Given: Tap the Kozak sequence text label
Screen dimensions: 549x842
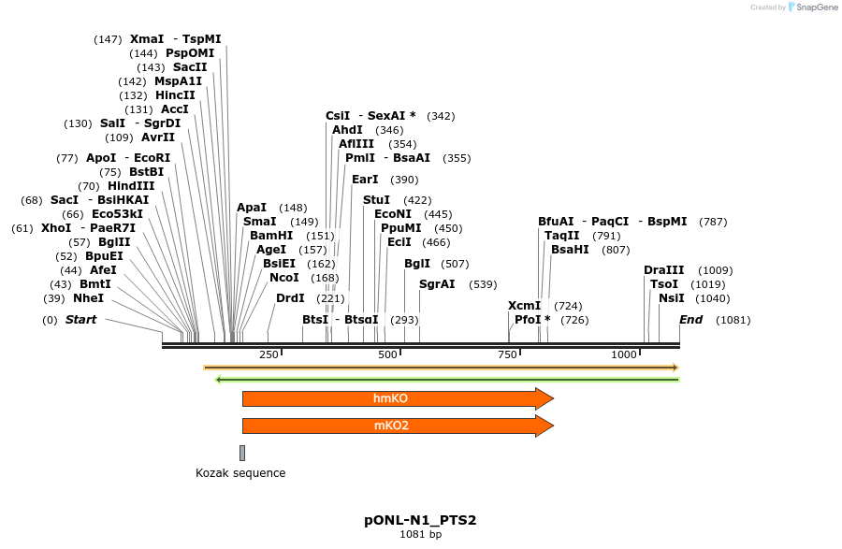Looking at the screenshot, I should pos(240,473).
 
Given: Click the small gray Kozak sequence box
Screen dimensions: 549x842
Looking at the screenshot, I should pos(242,453).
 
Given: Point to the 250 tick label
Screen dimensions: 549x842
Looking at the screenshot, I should pos(269,354).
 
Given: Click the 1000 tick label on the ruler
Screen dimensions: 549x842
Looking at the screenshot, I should pos(624,354).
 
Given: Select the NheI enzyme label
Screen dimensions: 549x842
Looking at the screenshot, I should pos(88,298).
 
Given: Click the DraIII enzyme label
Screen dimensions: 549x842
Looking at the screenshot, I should pos(662,270).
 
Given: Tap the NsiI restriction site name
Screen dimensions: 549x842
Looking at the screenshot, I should pos(672,298).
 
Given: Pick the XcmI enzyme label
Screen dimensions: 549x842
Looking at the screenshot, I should pos(524,306).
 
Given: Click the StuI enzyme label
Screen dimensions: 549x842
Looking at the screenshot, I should pos(376,200).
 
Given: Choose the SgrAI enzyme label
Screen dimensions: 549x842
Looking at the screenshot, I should pos(437,284).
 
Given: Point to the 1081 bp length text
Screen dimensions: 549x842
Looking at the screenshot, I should pos(421,534).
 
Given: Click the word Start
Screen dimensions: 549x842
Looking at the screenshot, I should pos(80,320).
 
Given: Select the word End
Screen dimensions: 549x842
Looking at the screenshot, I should pos(690,320).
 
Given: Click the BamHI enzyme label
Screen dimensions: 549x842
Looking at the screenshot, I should pos(271,236).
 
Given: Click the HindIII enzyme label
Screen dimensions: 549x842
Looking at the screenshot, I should pos(131,186).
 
